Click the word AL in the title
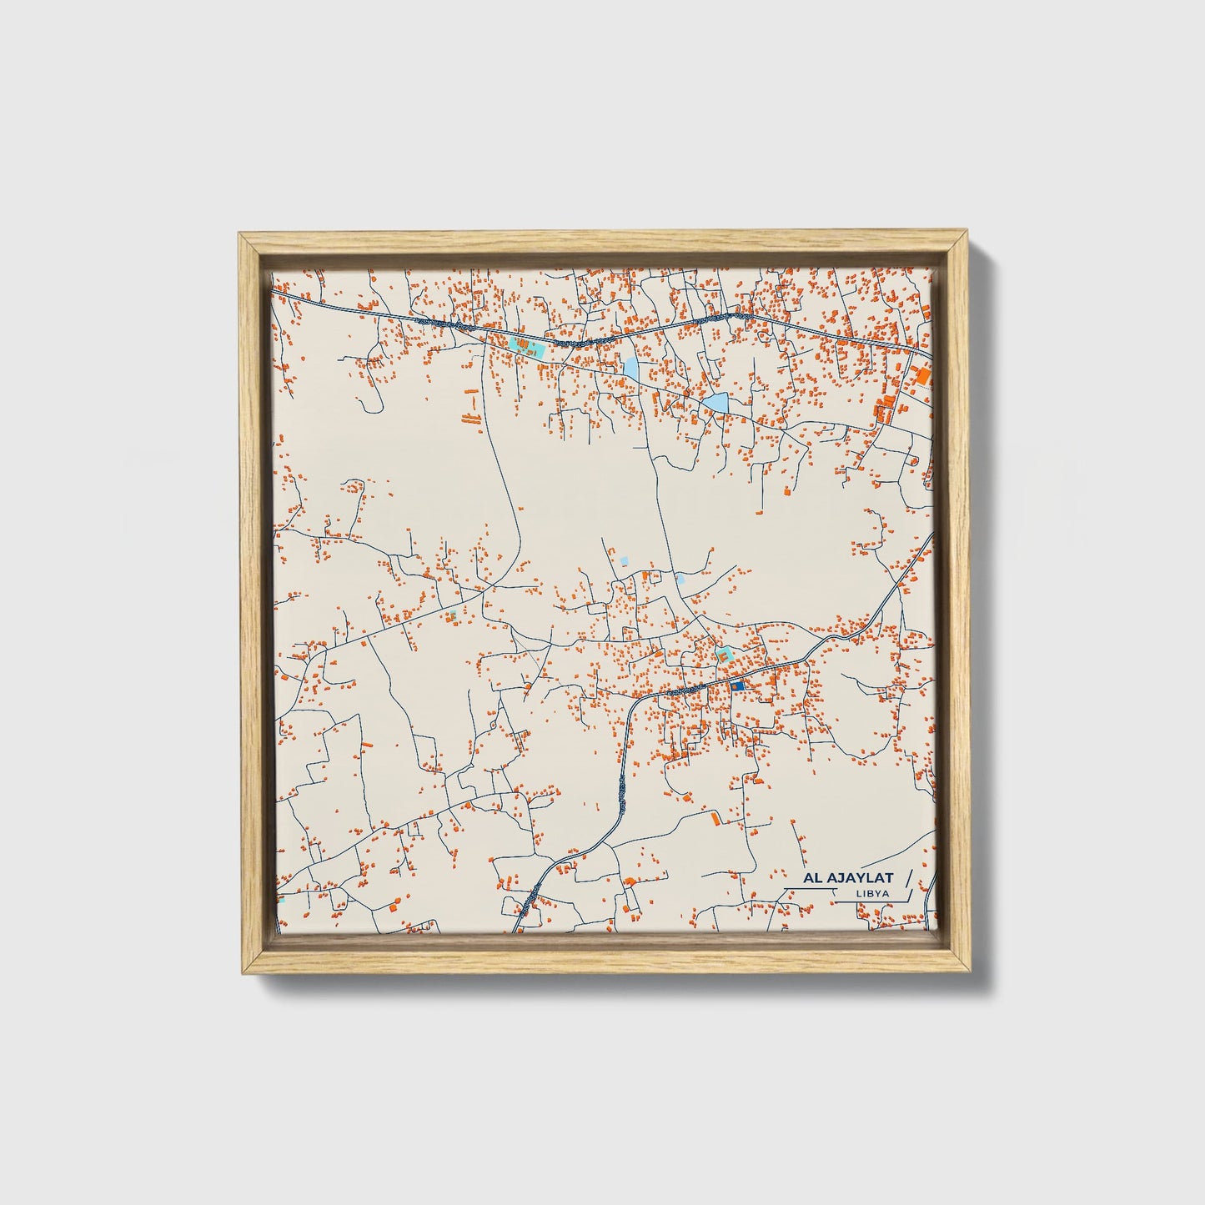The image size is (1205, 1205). click(813, 878)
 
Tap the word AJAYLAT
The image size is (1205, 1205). click(861, 878)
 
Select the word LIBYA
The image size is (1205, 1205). click(871, 894)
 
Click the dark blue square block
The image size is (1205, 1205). click(736, 685)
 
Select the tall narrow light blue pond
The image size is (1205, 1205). click(630, 367)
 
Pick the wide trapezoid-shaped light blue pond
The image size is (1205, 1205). click(715, 404)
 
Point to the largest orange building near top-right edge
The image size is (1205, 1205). click(923, 377)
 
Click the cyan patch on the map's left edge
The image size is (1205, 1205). click(281, 900)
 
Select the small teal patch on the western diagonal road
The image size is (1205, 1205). click(451, 616)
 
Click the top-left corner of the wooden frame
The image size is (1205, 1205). click(239, 235)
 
